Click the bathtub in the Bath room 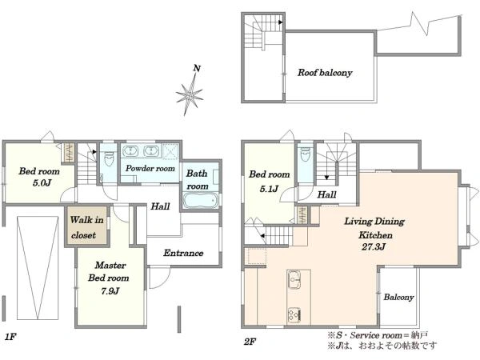[x=201, y=200]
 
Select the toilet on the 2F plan [x=306, y=154]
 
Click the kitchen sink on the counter [x=294, y=279]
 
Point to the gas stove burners [x=294, y=314]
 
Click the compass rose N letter [x=197, y=68]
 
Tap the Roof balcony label [x=325, y=73]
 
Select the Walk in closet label [x=86, y=227]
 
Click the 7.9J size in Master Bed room [x=110, y=291]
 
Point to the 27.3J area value [x=373, y=246]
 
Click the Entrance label [x=183, y=253]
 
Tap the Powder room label [x=150, y=168]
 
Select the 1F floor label [x=10, y=337]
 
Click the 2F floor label [x=250, y=342]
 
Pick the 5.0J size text [x=42, y=183]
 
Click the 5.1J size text [x=269, y=189]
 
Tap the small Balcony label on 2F [x=398, y=297]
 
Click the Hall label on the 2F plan [x=326, y=194]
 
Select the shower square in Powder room [x=170, y=151]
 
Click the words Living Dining [x=374, y=222]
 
